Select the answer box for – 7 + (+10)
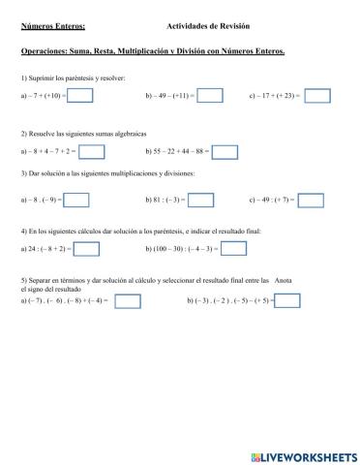80,96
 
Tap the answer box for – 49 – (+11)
209,96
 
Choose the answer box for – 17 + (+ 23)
316,96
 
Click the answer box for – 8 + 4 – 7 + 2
91,151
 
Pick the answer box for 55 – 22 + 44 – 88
225,151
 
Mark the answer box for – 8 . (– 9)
76,200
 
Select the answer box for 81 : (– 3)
200,200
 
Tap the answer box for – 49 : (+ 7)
311,200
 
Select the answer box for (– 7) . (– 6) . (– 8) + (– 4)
128,301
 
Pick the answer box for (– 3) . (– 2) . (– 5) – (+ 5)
287,301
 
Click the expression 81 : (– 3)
165,201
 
